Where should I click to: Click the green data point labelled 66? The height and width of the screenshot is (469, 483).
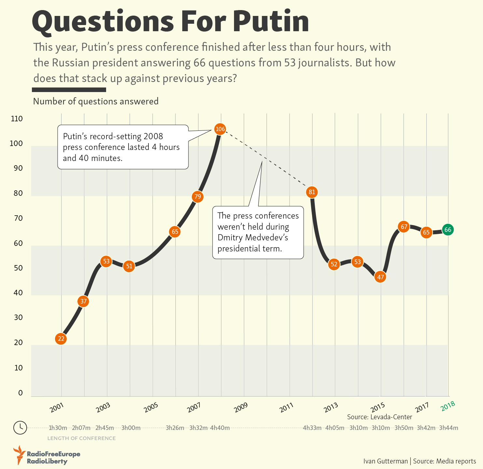(x=448, y=230)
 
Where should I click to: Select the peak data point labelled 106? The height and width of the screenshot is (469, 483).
(x=220, y=129)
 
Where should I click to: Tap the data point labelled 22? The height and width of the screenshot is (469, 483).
(x=61, y=339)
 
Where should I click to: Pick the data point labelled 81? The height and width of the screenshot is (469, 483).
(x=312, y=192)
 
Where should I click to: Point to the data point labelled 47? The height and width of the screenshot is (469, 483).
(x=380, y=277)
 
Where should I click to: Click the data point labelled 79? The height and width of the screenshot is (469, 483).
(x=198, y=196)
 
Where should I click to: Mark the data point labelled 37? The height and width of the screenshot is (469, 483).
(x=84, y=301)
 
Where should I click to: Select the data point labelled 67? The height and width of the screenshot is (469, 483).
(x=404, y=227)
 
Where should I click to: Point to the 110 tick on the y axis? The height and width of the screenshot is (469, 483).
(x=17, y=119)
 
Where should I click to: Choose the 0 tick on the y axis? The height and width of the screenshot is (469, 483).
(x=21, y=393)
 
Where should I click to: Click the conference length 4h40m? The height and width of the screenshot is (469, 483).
(x=220, y=428)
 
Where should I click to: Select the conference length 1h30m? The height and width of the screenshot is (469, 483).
(x=58, y=428)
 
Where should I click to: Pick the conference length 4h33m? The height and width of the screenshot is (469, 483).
(x=312, y=428)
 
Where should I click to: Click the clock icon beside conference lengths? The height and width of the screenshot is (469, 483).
(x=20, y=427)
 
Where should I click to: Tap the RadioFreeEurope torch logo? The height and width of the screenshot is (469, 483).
(x=19, y=455)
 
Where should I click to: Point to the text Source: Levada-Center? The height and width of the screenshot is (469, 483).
(x=379, y=417)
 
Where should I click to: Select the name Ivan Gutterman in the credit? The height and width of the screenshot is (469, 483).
(x=385, y=461)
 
